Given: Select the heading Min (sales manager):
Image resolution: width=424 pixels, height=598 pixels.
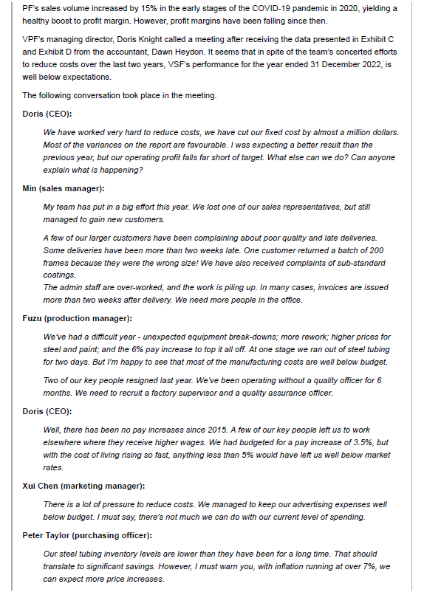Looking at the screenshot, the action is tap(65, 189).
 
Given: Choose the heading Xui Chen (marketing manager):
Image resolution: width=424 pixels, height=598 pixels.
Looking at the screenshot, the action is tap(83, 486).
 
